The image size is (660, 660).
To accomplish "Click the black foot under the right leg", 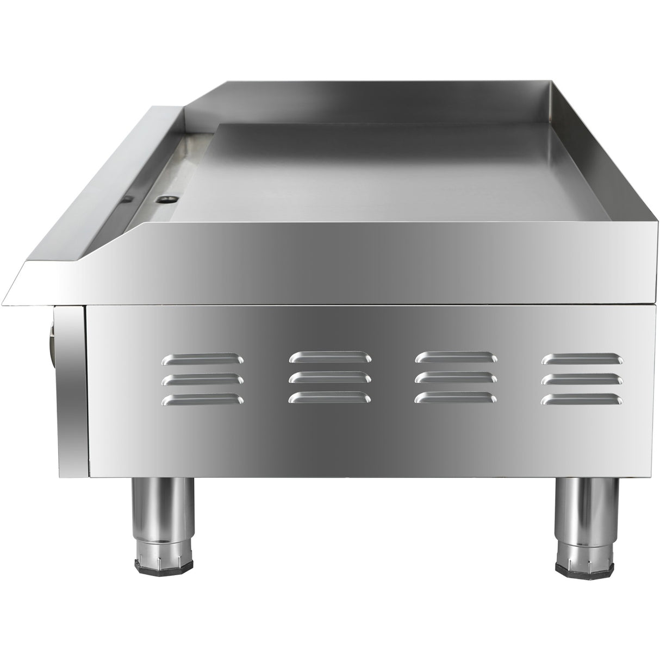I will pos(578,563).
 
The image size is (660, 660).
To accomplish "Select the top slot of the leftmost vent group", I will pos(203,358).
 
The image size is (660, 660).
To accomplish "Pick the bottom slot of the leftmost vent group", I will pos(203,400).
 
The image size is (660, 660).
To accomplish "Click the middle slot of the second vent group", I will pos(331,377).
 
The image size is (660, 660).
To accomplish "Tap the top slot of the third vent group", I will pos(456,357).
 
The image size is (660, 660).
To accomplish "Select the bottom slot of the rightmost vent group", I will pos(582,400).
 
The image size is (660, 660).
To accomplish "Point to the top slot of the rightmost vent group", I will pos(582,358).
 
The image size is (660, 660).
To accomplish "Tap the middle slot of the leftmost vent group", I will pos(203,379).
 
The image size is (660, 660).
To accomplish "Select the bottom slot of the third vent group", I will pos(456,398).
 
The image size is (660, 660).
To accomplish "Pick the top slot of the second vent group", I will pos(331,357).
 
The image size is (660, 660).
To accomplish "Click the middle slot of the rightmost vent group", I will pos(582,379).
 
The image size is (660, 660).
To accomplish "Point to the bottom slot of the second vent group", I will pos(331,398).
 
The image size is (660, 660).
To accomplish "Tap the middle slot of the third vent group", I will pos(456,377).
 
